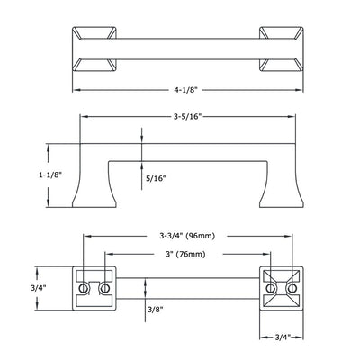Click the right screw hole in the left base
[x=103, y=288]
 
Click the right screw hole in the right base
[x=291, y=288]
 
